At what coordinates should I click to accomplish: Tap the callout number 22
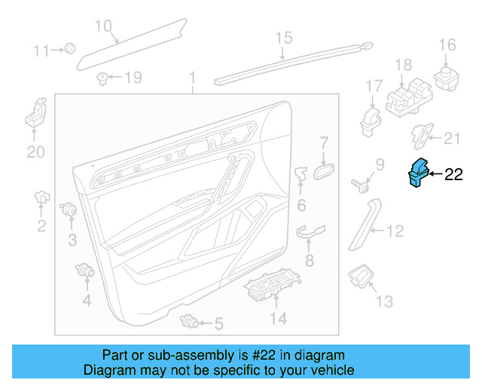point(453,175)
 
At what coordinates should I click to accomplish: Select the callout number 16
point(447,45)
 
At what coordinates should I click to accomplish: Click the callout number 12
point(395,232)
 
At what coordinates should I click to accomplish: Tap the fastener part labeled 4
point(85,270)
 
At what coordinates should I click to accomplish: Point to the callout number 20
point(35,152)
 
